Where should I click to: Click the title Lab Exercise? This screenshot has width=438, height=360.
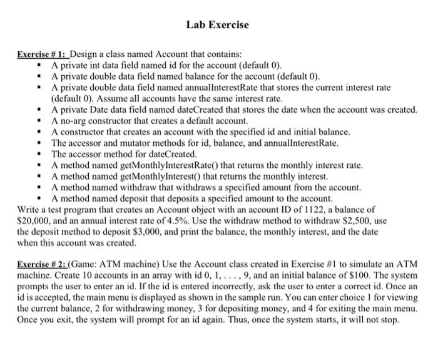coord(218,25)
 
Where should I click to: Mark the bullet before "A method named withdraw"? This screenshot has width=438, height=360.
coord(39,187)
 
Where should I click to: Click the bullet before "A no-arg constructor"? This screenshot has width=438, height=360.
coord(39,121)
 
